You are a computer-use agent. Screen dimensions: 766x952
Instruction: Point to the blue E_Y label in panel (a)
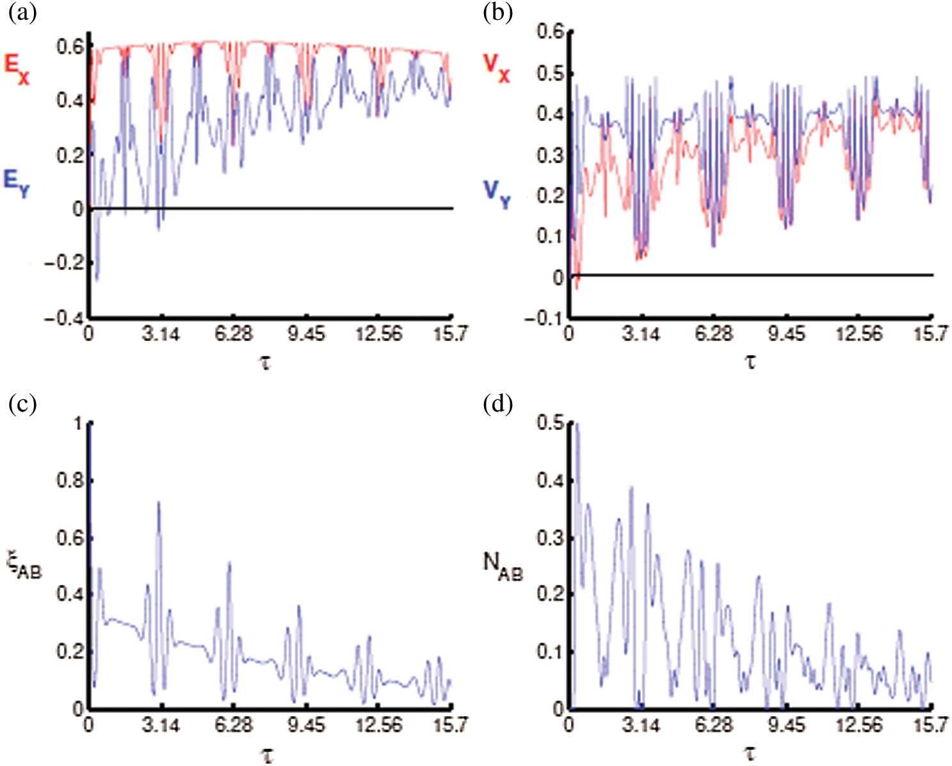pos(17,182)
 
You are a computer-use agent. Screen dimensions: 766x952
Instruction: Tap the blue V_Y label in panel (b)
pos(497,193)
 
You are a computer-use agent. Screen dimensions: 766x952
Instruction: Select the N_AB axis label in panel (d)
pos(502,566)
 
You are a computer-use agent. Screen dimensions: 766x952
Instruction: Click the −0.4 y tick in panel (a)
pos(63,318)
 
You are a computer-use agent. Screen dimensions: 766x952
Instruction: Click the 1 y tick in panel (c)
pos(78,424)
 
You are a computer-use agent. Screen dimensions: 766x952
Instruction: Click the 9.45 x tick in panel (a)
pos(306,335)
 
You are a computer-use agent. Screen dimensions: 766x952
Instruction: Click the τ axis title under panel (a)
pos(266,362)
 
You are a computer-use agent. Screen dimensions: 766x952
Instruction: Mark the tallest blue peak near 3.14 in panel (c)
pos(158,504)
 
